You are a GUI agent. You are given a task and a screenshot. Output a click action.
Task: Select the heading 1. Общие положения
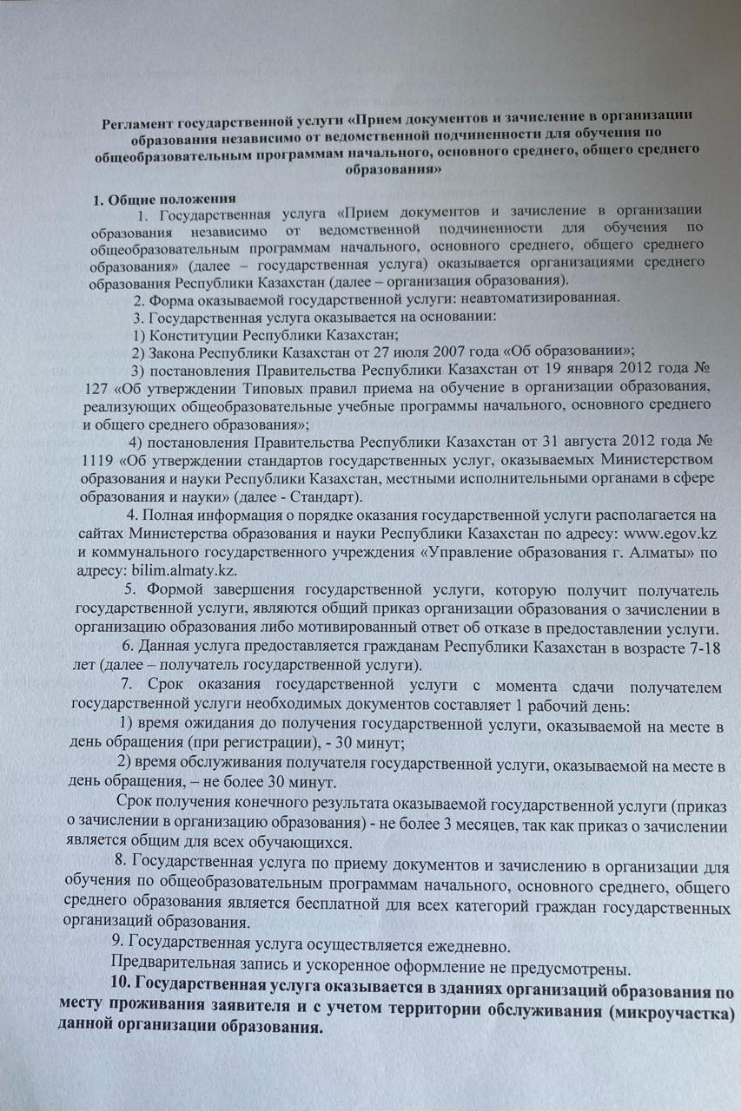pos(164,199)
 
